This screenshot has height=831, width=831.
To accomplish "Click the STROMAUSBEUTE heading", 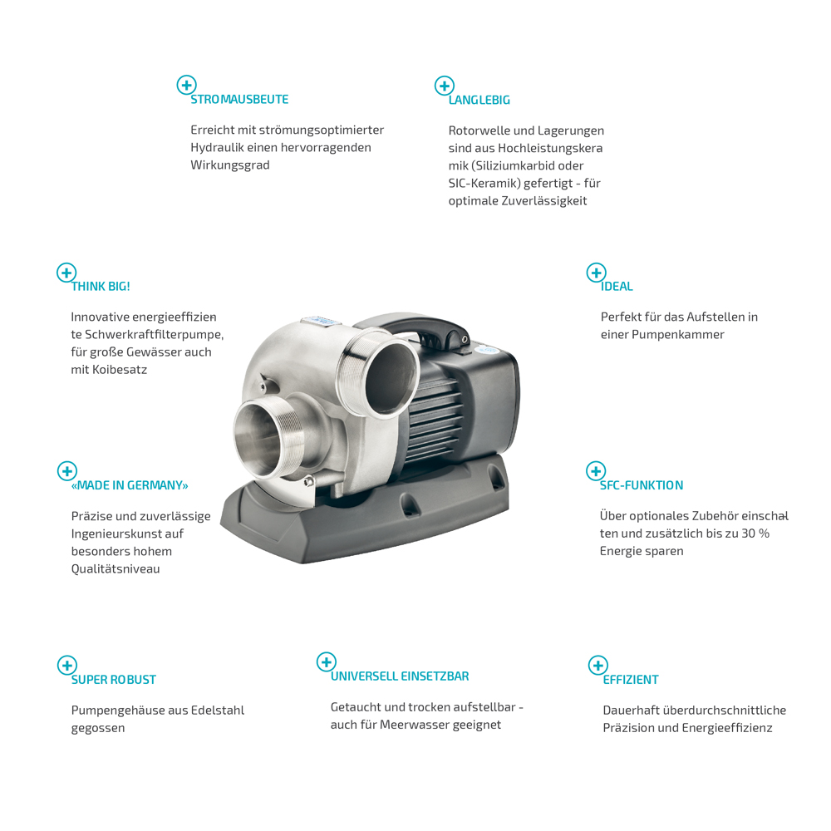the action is point(239,100).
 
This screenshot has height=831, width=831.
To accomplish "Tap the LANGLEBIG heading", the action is point(479,101).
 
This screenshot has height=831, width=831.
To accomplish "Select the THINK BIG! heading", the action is point(101,287).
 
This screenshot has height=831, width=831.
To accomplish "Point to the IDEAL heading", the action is point(617,287).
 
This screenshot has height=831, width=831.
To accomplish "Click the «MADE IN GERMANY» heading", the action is point(130,485).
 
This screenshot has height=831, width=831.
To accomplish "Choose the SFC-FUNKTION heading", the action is point(642,485).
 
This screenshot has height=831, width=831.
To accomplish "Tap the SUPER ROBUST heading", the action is point(113,680).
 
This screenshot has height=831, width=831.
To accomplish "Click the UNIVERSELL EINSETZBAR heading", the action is point(400,676).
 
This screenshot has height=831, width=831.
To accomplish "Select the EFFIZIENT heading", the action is point(631,680).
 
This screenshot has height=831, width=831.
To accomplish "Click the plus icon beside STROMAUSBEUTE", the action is point(186,85).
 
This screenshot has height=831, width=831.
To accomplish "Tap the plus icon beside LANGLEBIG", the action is point(445,86).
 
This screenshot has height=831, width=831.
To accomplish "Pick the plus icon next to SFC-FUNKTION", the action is point(596,470).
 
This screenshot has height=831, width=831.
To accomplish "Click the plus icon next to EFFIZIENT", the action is point(598,665).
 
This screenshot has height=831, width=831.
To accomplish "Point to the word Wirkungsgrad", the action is point(230,165).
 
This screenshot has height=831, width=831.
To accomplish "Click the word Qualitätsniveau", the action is point(116,569).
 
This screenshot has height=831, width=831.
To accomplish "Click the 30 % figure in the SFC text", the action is point(755,534).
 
